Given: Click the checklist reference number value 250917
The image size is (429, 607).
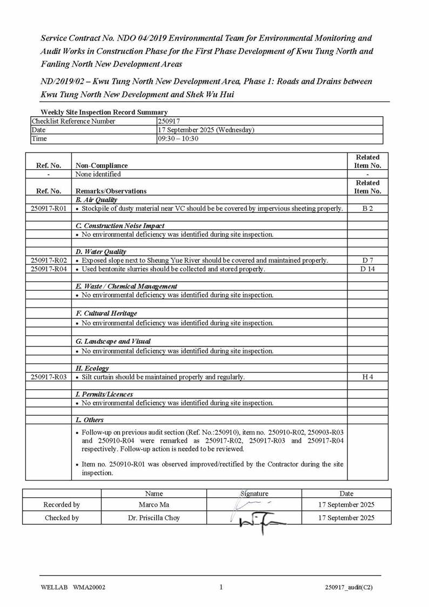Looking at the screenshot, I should [169, 121].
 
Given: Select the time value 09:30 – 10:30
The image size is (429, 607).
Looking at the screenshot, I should [178, 138].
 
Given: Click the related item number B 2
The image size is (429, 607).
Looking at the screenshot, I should [367, 208].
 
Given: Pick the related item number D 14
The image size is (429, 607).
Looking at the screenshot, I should [367, 269].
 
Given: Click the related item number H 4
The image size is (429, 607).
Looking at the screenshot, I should [367, 377].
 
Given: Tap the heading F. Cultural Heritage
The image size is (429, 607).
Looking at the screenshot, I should [106, 313].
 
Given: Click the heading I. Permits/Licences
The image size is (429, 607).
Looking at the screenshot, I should [104, 394].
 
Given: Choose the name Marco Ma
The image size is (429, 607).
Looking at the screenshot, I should [154, 505].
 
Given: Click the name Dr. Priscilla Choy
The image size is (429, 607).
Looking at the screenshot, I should [154, 518].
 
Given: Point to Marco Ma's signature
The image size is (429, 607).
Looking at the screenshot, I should [252, 504].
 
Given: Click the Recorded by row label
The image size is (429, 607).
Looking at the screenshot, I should [62, 505].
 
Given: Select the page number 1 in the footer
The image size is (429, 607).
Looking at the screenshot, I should [221, 588].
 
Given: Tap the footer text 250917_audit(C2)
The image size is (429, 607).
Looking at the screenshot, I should [348, 588].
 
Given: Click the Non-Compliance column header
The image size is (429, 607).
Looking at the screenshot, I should [102, 165].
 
